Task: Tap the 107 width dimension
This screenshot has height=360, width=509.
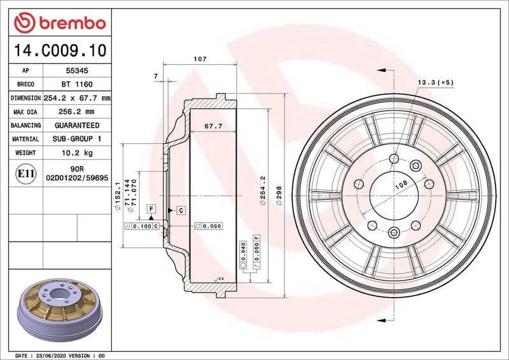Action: pos(200,59)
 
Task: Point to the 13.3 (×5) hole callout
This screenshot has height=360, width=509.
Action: pos(435,83)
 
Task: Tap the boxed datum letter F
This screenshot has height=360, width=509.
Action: pos(151,209)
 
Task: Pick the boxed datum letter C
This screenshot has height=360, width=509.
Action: pos(181,210)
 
